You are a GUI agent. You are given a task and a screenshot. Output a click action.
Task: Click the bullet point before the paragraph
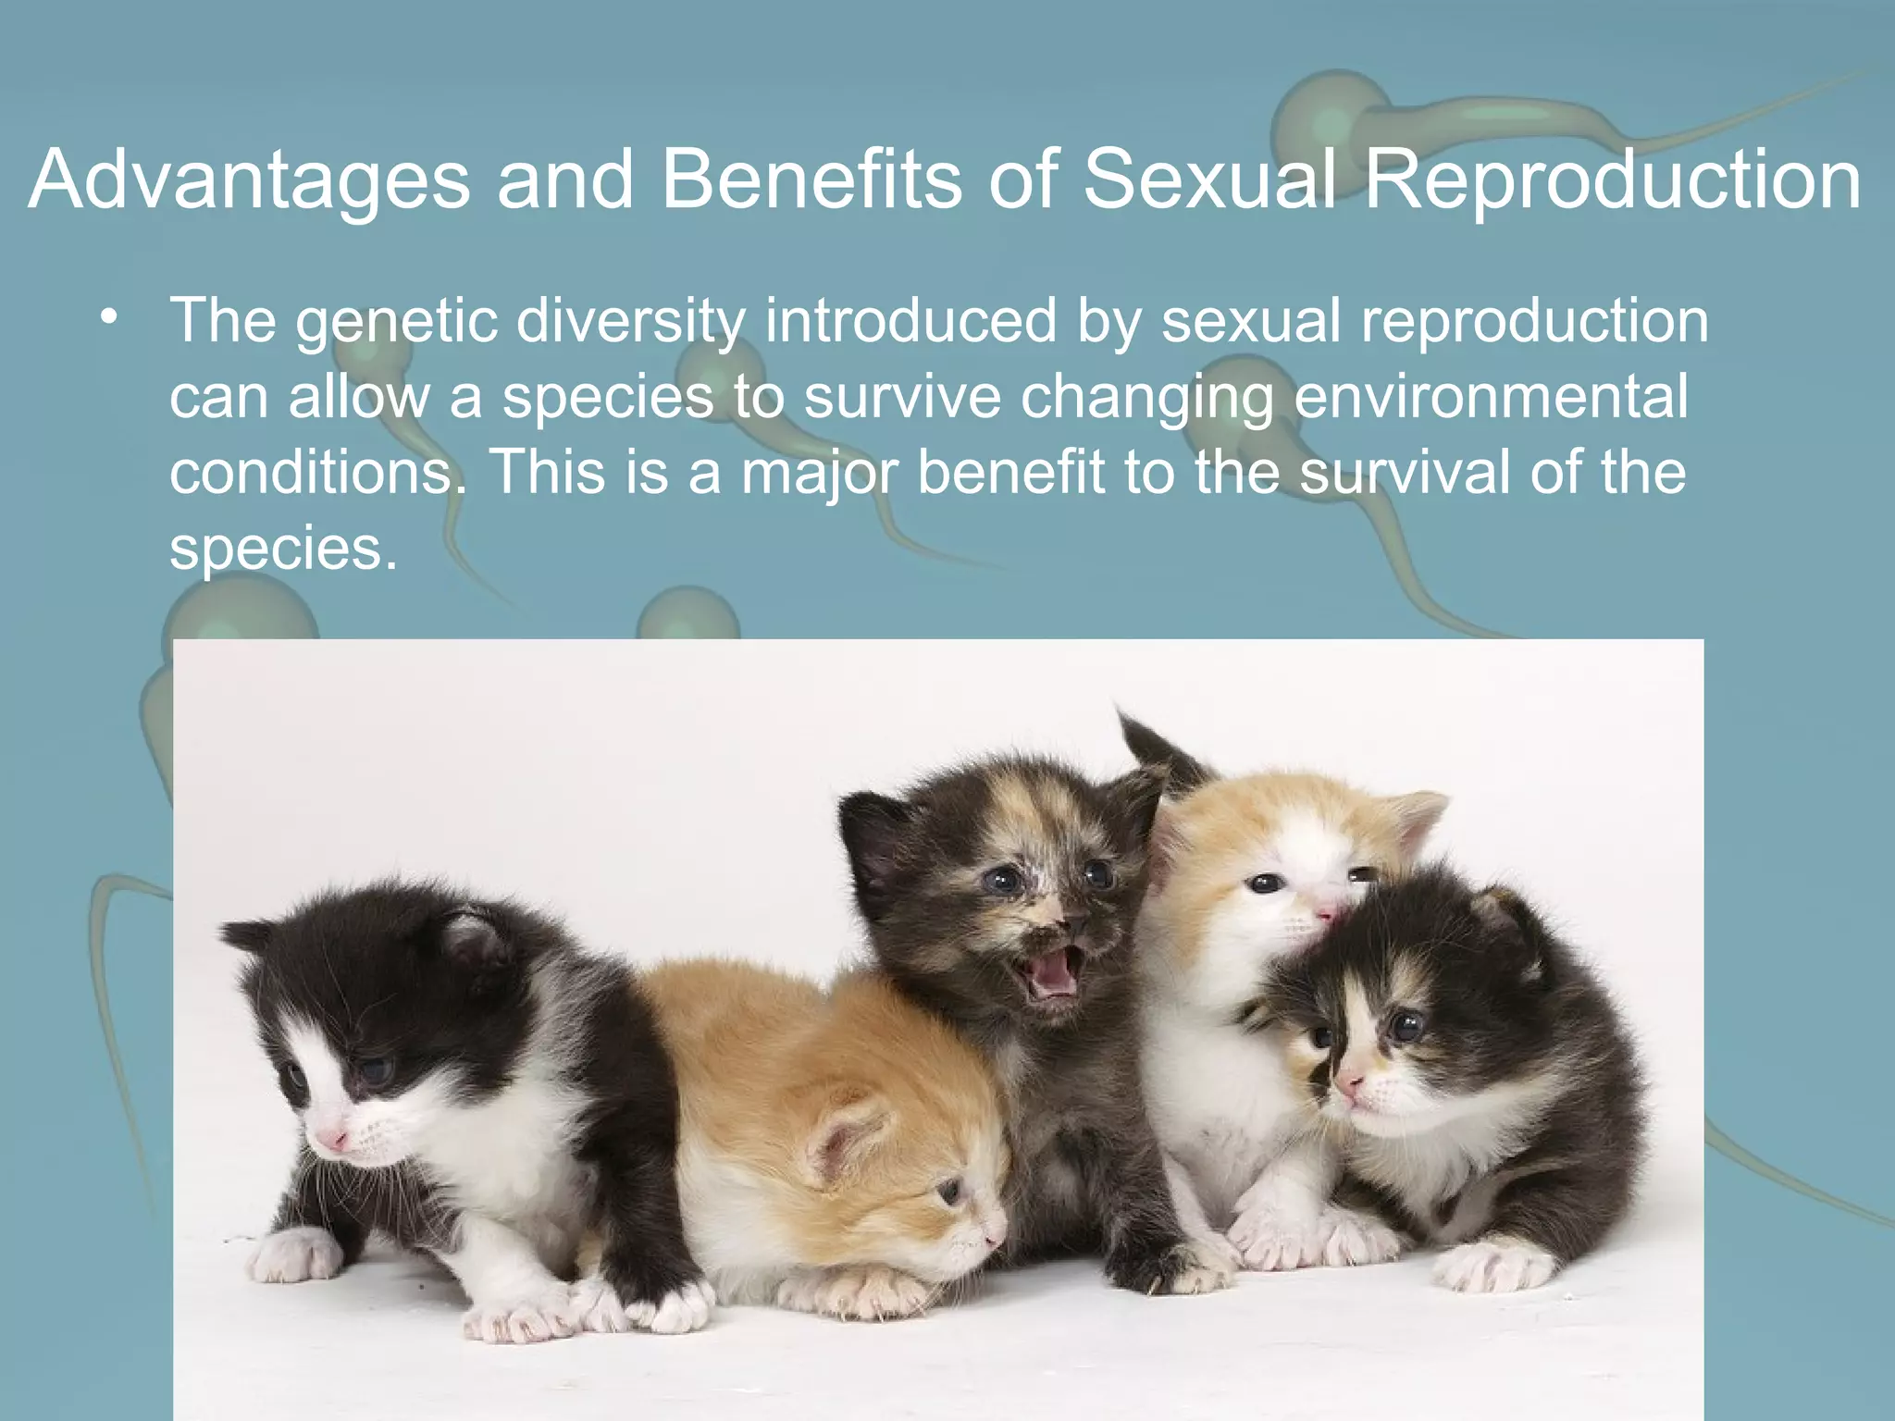pos(110,317)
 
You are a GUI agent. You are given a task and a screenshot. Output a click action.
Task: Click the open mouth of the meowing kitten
pos(1055,972)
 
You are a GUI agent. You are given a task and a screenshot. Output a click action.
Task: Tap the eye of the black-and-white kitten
pos(375,1070)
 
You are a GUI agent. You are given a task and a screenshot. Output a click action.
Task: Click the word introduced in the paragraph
pos(910,321)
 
